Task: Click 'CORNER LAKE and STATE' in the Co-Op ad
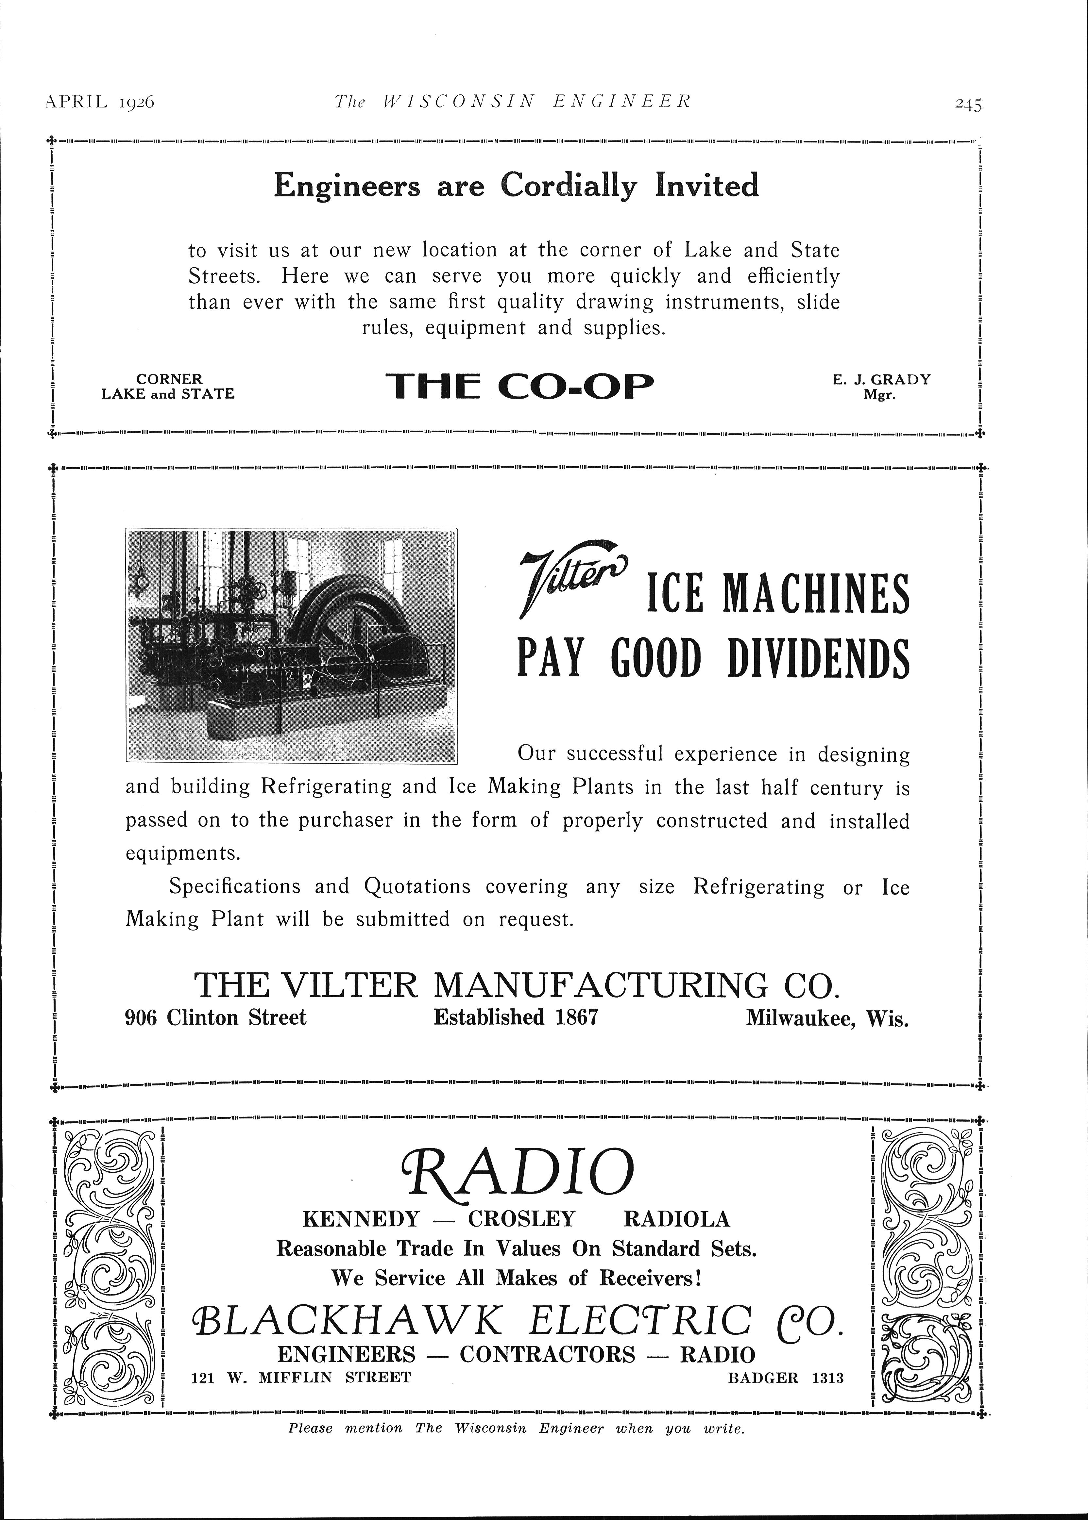(168, 387)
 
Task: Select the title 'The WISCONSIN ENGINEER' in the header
(513, 101)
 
